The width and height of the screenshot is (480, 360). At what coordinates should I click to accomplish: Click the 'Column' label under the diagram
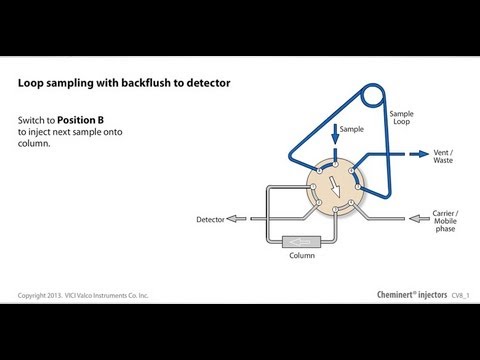(303, 255)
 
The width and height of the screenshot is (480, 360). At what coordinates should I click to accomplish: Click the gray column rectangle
(303, 241)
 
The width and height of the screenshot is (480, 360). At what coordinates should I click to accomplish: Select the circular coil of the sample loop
(373, 98)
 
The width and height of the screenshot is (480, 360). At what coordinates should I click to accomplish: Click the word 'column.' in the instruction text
(34, 142)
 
